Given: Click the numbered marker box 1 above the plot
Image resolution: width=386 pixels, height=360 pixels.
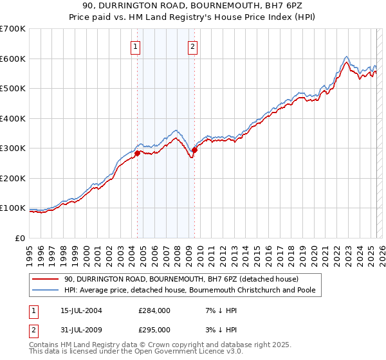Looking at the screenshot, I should [136, 46].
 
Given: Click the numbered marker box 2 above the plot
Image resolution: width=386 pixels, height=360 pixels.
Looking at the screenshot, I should [193, 46].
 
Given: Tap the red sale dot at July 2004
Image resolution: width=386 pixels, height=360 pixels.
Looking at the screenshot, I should [137, 153].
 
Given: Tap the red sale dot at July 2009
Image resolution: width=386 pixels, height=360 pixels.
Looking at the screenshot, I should [194, 150].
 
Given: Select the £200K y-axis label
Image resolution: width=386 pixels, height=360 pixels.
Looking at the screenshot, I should [13, 178].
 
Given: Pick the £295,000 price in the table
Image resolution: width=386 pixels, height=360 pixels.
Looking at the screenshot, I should [154, 330].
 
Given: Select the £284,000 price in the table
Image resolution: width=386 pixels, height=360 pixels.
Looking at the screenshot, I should [154, 310].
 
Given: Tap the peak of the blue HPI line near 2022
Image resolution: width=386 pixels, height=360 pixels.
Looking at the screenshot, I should [346, 57].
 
